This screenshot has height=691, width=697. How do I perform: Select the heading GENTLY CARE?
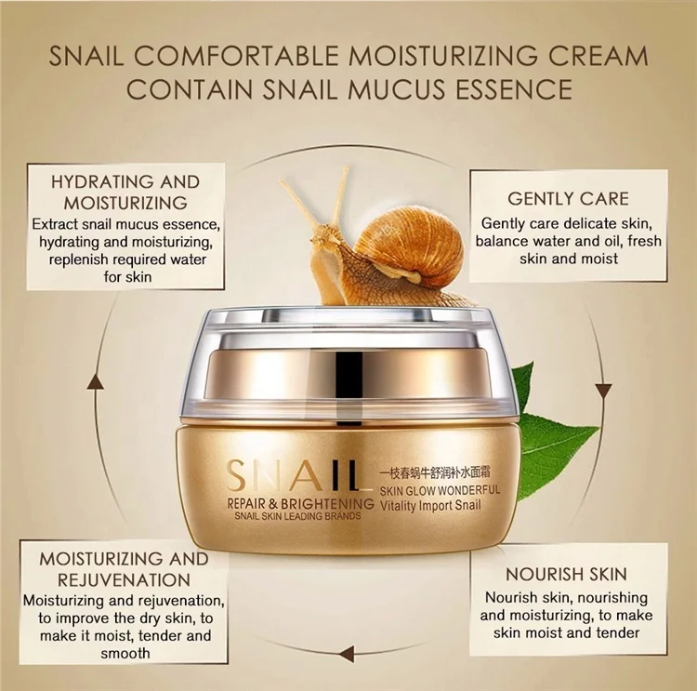tap(568, 198)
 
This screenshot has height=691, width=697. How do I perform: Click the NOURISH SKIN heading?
tap(566, 574)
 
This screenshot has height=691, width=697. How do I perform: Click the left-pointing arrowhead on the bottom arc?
tap(347, 652)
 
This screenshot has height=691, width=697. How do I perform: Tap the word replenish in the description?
tap(72, 259)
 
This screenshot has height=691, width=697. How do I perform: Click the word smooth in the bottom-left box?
tap(125, 653)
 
